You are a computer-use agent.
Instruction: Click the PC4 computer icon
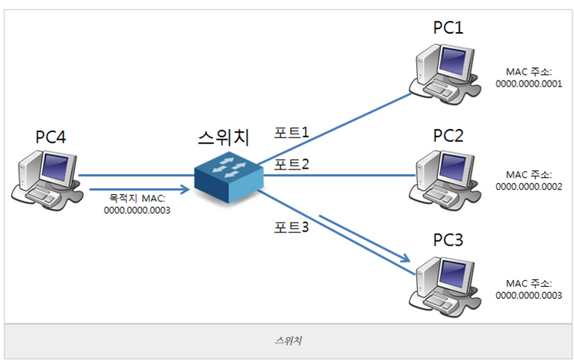coord(46,177)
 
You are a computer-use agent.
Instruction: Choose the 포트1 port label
coord(292,133)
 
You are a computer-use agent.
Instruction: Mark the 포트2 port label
coord(292,164)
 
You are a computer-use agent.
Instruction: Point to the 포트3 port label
coord(292,228)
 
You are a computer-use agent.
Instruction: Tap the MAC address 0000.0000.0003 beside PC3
coord(528,295)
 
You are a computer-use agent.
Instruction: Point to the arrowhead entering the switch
coord(184,190)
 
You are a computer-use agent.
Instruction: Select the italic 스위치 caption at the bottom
coord(287,341)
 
